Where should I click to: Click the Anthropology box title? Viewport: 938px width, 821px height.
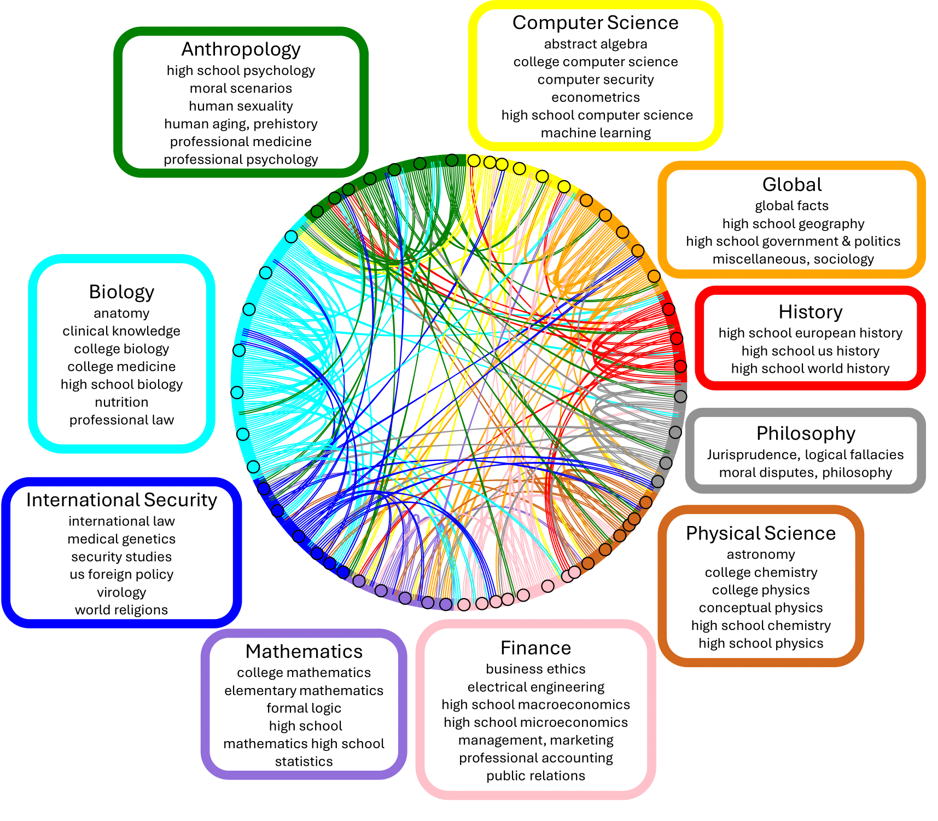click(241, 49)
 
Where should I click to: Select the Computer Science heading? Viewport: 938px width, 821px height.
click(595, 23)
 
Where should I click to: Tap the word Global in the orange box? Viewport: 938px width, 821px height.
click(791, 185)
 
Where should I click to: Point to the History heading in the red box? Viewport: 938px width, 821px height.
click(810, 312)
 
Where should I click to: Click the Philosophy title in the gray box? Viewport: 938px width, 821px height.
click(805, 433)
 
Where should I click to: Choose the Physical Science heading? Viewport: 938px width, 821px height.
click(760, 534)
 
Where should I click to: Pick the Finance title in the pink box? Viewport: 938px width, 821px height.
click(535, 648)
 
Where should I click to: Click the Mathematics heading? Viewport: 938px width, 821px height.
click(304, 652)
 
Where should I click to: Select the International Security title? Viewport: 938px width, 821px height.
click(121, 500)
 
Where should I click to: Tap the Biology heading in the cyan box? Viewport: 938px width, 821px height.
click(121, 292)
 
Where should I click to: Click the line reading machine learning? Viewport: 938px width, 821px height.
click(595, 133)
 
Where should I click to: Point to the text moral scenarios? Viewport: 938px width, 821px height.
click(241, 89)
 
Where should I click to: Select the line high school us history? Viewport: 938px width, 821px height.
click(810, 351)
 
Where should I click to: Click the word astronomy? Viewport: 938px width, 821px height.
click(760, 554)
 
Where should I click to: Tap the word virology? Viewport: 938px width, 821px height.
click(121, 592)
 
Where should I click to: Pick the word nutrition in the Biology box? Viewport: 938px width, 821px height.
click(121, 402)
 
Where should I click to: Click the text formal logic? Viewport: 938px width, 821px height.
click(304, 708)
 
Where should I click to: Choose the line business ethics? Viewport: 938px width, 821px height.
click(535, 669)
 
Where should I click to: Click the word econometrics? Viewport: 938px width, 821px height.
click(595, 97)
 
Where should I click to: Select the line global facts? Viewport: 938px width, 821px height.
click(791, 206)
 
